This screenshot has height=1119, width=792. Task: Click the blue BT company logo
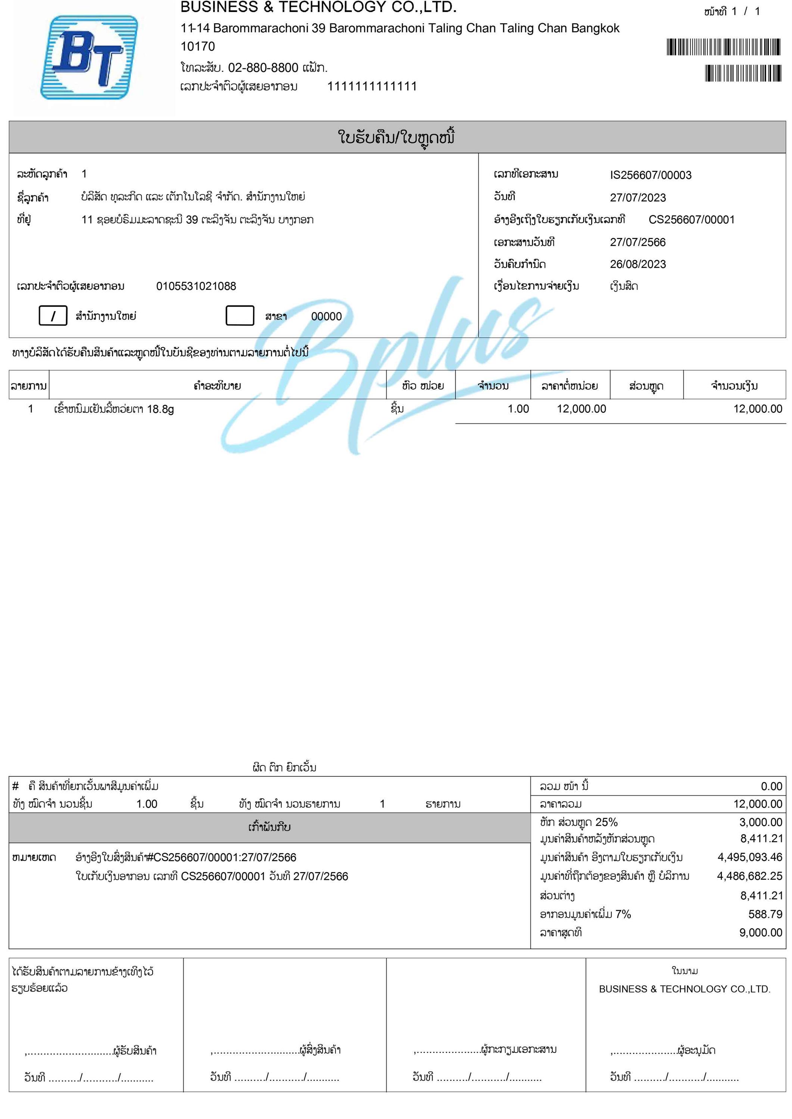88,57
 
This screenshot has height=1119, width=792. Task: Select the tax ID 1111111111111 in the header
372,87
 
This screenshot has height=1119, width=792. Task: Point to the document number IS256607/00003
650,175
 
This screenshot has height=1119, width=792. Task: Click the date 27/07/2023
637,197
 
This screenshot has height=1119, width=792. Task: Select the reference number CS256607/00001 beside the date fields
691,220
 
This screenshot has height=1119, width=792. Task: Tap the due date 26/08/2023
637,264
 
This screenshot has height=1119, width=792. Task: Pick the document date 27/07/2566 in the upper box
637,242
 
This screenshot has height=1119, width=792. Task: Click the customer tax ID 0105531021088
196,286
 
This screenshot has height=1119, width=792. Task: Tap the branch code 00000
326,316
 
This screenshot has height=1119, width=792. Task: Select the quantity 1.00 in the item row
518,409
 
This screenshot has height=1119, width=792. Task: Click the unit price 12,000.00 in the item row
581,409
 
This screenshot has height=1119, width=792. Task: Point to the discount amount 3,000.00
760,822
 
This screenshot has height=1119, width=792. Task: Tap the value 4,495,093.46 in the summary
749,857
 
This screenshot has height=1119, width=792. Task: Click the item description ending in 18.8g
113,409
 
